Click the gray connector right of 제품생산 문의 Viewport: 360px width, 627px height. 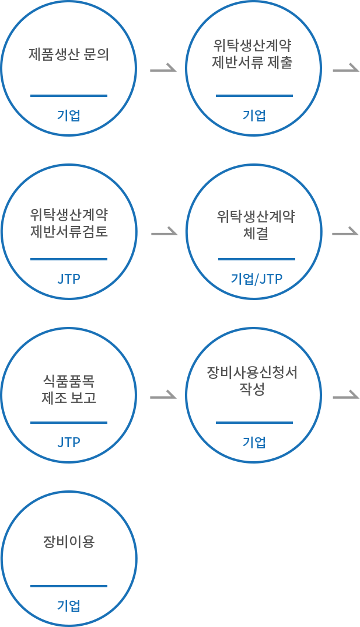pyautogui.click(x=163, y=67)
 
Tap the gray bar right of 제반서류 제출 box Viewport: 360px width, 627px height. pyautogui.click(x=346, y=67)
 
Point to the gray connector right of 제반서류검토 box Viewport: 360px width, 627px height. pyautogui.click(x=165, y=231)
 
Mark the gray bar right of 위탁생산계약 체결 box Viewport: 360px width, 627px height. pyautogui.click(x=345, y=231)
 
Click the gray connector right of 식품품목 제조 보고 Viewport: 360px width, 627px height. pyautogui.click(x=163, y=394)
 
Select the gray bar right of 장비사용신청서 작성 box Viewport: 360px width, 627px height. pyautogui.click(x=346, y=394)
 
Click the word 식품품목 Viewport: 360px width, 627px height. pyautogui.click(x=69, y=381)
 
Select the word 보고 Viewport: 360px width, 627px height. pyautogui.click(x=84, y=398)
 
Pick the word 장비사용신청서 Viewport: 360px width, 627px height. pyautogui.click(x=252, y=372)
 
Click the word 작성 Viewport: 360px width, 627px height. pyautogui.click(x=252, y=389)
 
